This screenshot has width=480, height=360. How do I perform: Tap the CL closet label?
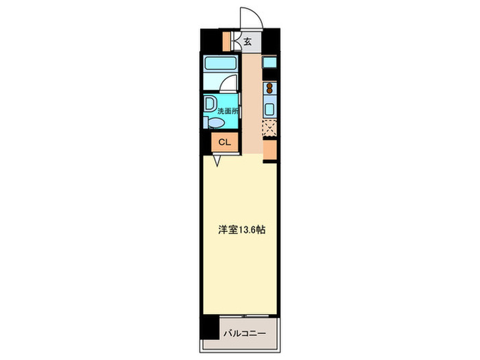(x=224, y=143)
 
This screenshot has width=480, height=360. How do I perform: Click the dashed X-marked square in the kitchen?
(x=269, y=128)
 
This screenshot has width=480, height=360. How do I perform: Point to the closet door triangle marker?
(x=217, y=161)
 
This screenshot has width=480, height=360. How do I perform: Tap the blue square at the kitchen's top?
(x=269, y=63)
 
